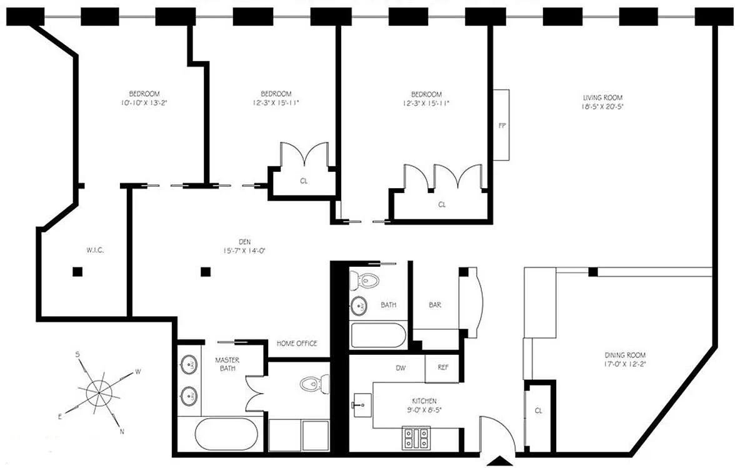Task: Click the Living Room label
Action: coord(602,97)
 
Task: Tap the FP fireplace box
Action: coord(501,125)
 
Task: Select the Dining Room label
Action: coord(625,355)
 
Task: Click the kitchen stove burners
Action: coord(416,438)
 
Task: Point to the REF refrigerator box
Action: coord(442,368)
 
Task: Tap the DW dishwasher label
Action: coord(401,368)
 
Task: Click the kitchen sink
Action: coord(362,405)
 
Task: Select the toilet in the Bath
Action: coord(364,281)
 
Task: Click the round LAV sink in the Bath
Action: coord(359,306)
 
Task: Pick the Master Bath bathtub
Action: coord(227,434)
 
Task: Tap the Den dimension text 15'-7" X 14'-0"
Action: coord(244,251)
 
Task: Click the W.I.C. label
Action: coord(95,250)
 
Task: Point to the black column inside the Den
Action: coord(206,272)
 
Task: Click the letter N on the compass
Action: coord(122,432)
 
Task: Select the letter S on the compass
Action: coord(77,354)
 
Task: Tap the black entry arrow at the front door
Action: coord(499,461)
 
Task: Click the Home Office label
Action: coord(297,343)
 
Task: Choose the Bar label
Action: coord(435,305)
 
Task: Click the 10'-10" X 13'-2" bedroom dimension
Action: coord(144,102)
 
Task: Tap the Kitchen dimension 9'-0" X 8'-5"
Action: coord(424,409)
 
